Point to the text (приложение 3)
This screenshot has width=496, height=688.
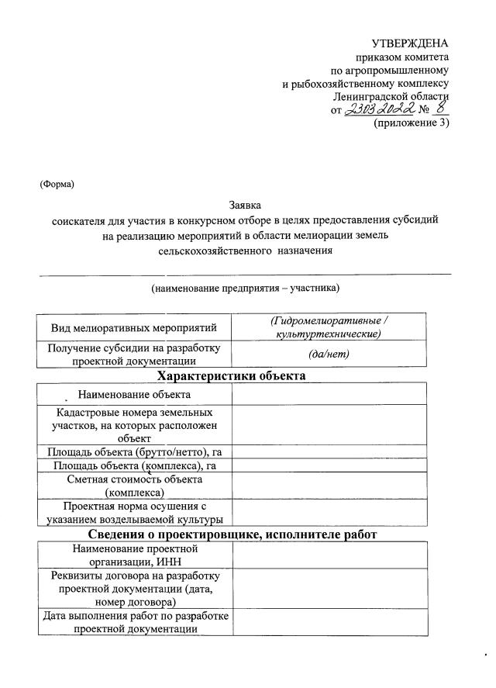click(411, 123)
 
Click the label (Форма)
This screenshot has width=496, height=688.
click(57, 184)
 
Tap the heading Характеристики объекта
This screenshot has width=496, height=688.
click(231, 376)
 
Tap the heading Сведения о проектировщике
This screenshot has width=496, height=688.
click(232, 534)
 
